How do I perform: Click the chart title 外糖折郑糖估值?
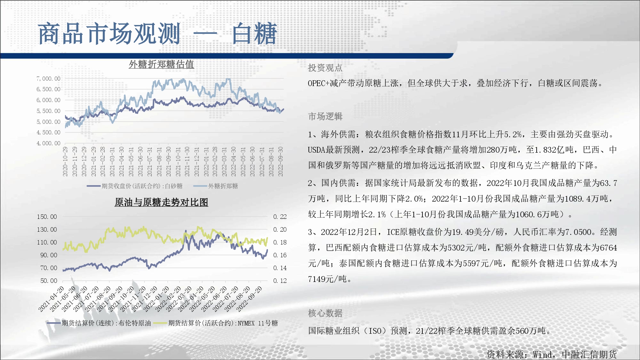tap(161, 64)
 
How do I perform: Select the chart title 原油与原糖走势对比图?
tap(161, 202)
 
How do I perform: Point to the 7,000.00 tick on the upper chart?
tap(48, 79)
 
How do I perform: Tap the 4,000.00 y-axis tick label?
tap(48, 143)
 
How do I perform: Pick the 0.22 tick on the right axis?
tap(280, 217)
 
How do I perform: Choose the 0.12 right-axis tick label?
tap(280, 281)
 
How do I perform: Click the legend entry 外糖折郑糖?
tap(216, 186)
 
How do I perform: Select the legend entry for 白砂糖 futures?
tap(135, 186)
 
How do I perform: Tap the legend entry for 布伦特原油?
tap(99, 323)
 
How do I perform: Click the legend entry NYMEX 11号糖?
tap(216, 323)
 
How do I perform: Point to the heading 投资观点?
tap(325, 68)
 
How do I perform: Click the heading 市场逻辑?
tap(325, 116)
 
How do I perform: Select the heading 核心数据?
tap(325, 313)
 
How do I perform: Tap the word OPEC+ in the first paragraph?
tap(319, 84)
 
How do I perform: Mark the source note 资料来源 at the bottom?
tap(505, 355)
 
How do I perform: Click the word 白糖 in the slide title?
tap(255, 34)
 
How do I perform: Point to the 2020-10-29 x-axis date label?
tap(65, 161)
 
